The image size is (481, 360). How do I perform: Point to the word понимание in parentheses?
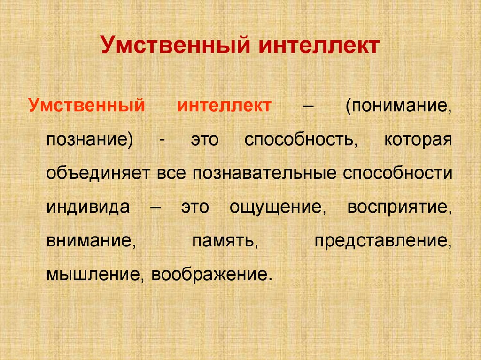coord(400,106)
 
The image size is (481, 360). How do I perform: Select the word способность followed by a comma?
coord(298,140)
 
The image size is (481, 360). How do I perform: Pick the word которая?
coord(418,140)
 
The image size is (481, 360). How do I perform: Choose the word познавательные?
coord(264,174)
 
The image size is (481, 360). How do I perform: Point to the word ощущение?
coord(278,207)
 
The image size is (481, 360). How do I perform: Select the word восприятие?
coord(400,207)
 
